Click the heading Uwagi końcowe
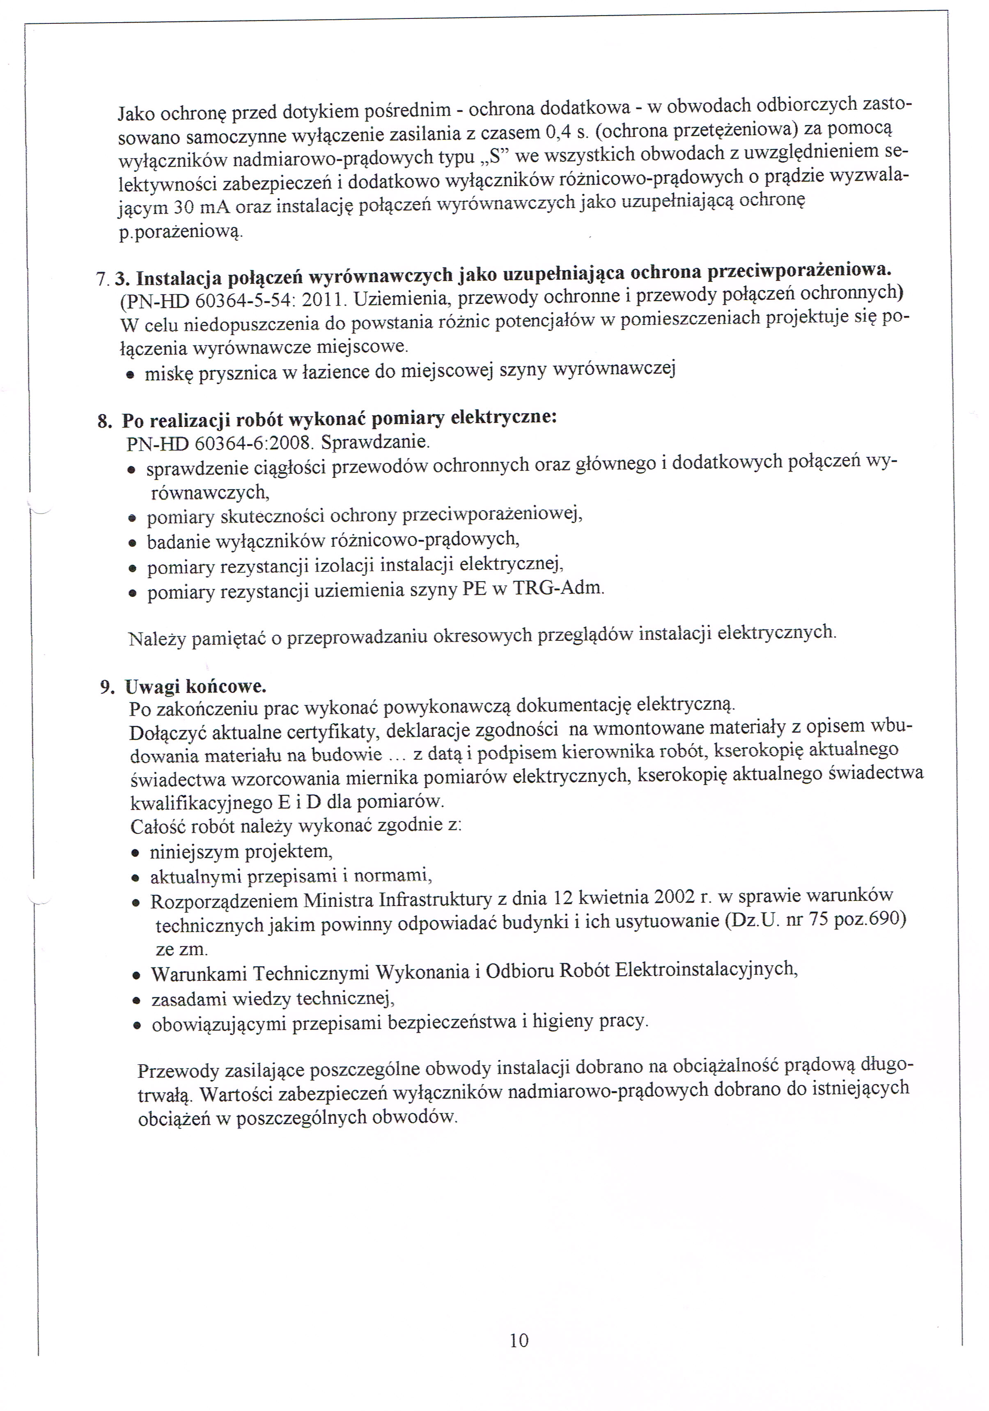[x=195, y=686]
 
